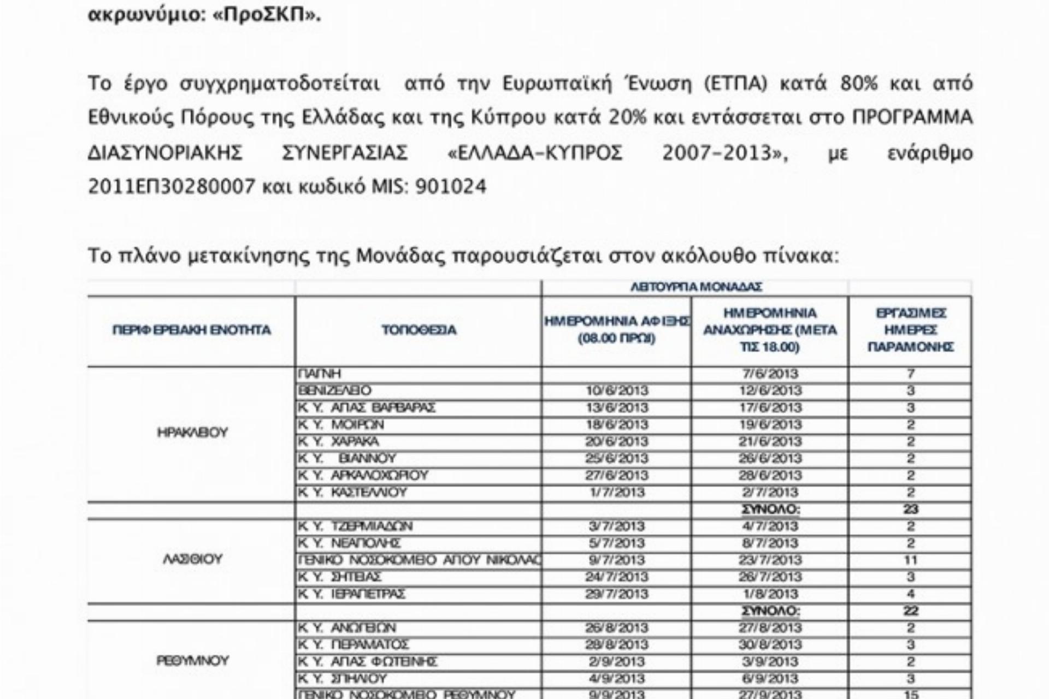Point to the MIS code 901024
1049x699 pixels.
coord(451,187)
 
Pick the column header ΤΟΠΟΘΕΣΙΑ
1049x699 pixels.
coord(419,330)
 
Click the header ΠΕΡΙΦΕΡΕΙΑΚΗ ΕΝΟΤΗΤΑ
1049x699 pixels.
coord(192,330)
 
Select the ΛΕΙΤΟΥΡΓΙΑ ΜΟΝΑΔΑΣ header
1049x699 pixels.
coord(696,287)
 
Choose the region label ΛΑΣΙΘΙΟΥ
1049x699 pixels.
coord(192,559)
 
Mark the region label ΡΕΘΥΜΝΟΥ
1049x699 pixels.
coord(192,661)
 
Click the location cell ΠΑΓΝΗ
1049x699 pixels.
coord(320,374)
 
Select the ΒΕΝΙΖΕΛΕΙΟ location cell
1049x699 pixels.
coord(334,390)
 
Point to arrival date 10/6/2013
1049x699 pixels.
coord(617,390)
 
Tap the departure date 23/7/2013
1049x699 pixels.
coord(770,560)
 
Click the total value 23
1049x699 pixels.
coord(911,509)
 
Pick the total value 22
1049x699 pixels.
coord(911,611)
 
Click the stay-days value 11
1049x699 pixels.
coord(911,560)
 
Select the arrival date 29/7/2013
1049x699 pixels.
coord(617,594)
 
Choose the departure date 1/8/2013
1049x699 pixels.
coord(770,594)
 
